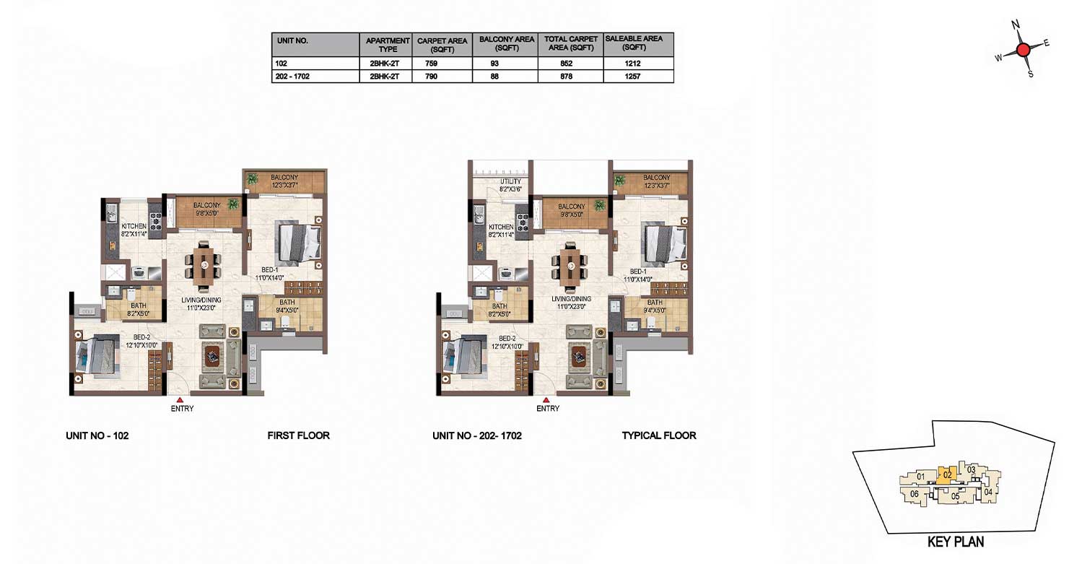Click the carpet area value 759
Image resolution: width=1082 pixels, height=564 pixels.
coord(432,64)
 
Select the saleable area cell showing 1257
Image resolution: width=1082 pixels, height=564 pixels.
coord(632,77)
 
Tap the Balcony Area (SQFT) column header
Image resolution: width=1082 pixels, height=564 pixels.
coord(507,43)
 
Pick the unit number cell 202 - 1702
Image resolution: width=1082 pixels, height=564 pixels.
coord(292,77)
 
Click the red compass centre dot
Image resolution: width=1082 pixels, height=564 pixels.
coord(1023,50)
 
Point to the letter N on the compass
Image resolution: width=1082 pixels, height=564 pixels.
coord(1016,25)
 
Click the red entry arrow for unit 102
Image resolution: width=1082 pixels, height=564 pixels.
coord(180,399)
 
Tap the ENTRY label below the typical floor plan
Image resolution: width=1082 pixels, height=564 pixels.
coord(548,409)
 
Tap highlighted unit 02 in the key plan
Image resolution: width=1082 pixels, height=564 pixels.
coord(947,475)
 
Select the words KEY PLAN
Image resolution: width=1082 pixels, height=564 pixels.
coord(956,542)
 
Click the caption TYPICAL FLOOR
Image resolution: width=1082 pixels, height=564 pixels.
coord(659,435)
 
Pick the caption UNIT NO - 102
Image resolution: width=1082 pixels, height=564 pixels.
coord(97,435)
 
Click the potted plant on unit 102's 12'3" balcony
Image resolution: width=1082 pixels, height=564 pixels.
coord(252,179)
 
